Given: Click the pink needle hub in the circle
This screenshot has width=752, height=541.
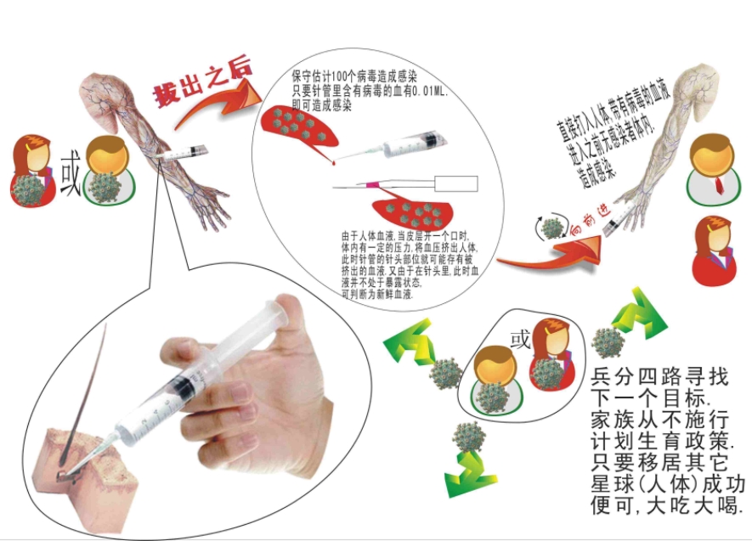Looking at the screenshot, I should [x=371, y=183].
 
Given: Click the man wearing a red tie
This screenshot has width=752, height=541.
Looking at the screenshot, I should [x=710, y=170].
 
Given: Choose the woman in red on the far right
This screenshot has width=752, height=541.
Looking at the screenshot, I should [x=713, y=250].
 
